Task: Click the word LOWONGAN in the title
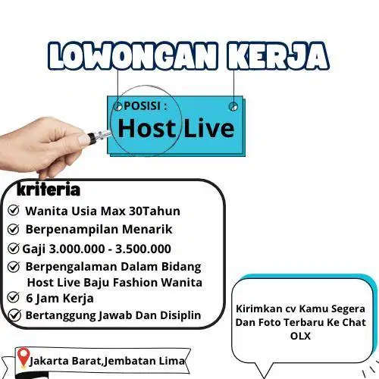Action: (x=133, y=56)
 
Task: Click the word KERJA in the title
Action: (x=278, y=56)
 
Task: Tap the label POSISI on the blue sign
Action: (x=143, y=106)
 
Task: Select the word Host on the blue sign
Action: (x=146, y=128)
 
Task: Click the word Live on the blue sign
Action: (x=209, y=128)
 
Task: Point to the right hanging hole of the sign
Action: (x=233, y=106)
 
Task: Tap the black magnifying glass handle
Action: (x=92, y=138)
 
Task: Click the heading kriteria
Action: (x=49, y=189)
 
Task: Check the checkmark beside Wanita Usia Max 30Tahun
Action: (x=14, y=210)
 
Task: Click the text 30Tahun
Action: (x=155, y=211)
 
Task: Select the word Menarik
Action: (x=147, y=229)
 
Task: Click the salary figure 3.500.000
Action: (x=143, y=249)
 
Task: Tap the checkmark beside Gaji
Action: (x=14, y=249)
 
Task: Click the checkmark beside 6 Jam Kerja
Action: (x=14, y=297)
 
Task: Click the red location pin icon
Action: (x=23, y=357)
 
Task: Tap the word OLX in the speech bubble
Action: (x=300, y=336)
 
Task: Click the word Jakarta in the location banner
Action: (x=49, y=361)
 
